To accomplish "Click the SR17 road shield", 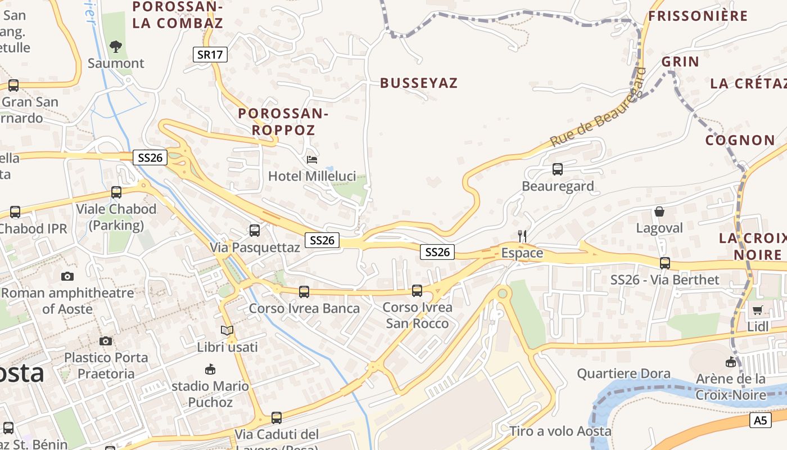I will pyautogui.click(x=211, y=55).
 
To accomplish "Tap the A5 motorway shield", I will pyautogui.click(x=760, y=420).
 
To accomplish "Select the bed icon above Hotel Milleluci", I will pyautogui.click(x=312, y=160).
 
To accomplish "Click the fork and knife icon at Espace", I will pyautogui.click(x=522, y=236).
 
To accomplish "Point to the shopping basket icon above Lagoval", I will pyautogui.click(x=659, y=211).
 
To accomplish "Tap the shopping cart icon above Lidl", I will pyautogui.click(x=757, y=310).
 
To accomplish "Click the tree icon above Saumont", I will pyautogui.click(x=116, y=46).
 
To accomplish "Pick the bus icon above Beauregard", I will pyautogui.click(x=558, y=169).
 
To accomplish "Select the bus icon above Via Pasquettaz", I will pyautogui.click(x=255, y=230).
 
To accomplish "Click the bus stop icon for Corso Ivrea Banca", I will pyautogui.click(x=304, y=291).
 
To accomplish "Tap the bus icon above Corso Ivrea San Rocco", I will pyautogui.click(x=417, y=290).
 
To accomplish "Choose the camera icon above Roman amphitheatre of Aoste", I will pyautogui.click(x=67, y=276).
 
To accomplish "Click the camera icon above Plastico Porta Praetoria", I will pyautogui.click(x=105, y=341).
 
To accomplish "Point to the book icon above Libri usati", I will pyautogui.click(x=227, y=330).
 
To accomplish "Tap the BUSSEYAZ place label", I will pyautogui.click(x=419, y=83).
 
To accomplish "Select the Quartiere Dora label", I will pyautogui.click(x=623, y=373).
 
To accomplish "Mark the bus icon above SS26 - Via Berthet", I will pyautogui.click(x=665, y=263).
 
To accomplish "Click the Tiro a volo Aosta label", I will pyautogui.click(x=560, y=431).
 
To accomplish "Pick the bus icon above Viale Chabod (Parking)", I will pyautogui.click(x=116, y=192).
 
